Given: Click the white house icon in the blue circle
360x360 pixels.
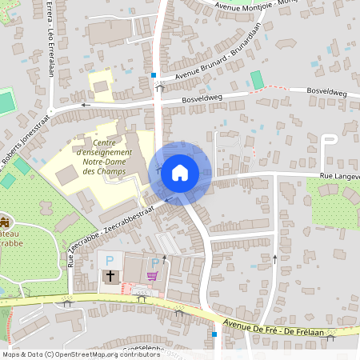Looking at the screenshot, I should pos(180,172).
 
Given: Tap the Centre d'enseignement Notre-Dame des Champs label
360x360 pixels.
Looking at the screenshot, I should pos(101,154).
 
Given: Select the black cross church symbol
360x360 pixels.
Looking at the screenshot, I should pos(110,276).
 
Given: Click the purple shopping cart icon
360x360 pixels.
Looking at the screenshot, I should pos(152,276).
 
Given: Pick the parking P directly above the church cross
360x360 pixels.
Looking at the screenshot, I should pos(110,261).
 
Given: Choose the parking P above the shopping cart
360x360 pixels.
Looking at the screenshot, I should pos(154,262).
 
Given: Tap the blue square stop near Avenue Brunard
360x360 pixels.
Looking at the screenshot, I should pos(154,75).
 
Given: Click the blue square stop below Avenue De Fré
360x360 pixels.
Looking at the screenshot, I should pos(214,334).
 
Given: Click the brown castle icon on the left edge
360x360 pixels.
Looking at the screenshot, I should pos(5,221).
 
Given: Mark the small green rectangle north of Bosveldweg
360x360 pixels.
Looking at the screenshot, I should pos(256,81).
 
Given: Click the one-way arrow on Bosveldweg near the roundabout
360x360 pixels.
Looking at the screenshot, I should pos(85,105).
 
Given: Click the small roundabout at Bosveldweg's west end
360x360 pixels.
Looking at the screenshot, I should pos(50,111).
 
